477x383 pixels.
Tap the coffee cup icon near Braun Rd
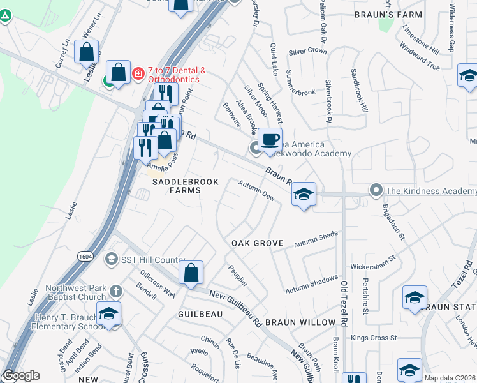[270, 139]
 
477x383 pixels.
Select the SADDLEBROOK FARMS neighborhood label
[185, 182]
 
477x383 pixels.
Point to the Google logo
[22, 375]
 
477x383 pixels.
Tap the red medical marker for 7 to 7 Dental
[137, 74]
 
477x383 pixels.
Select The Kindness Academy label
[431, 191]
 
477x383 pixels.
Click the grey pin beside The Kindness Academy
[376, 190]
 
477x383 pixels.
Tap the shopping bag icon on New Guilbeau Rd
[191, 273]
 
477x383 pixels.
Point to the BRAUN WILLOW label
[300, 322]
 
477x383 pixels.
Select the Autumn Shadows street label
[312, 281]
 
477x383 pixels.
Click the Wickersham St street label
[373, 263]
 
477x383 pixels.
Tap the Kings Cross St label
[374, 337]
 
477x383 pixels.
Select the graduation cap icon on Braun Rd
[304, 195]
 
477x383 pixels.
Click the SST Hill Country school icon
[112, 259]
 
